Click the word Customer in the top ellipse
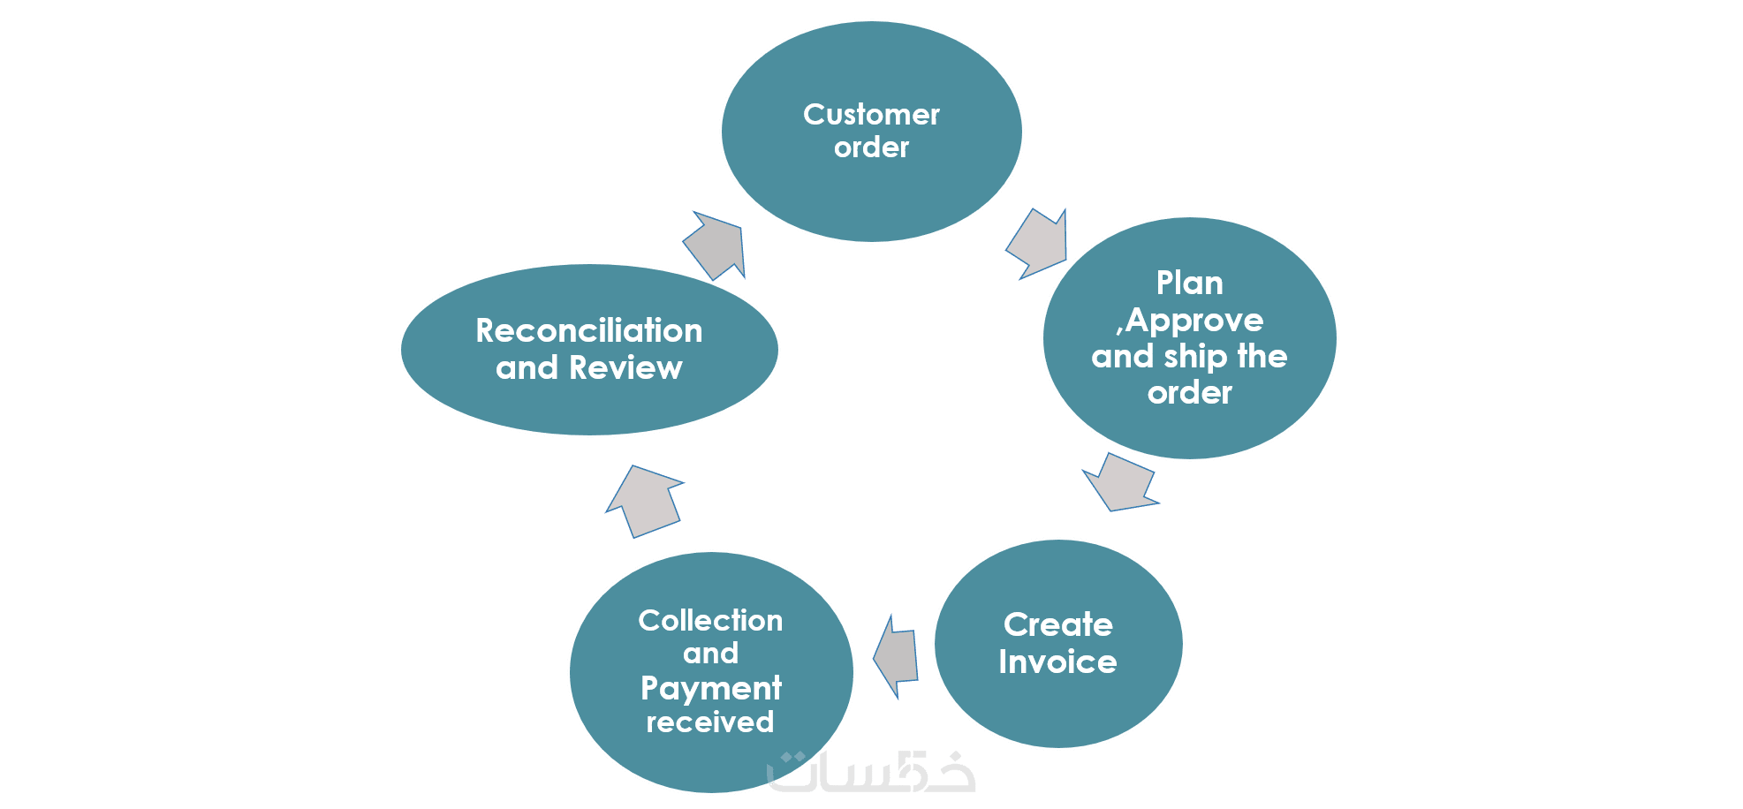[871, 115]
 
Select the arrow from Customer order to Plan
[1039, 244]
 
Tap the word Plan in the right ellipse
[1189, 284]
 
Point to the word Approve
[1194, 321]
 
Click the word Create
[1057, 625]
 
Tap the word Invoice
[1057, 662]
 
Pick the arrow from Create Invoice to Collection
[897, 656]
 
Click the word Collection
[710, 621]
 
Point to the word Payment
[710, 688]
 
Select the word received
[710, 722]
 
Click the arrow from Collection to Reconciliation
[644, 501]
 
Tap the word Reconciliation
[589, 331]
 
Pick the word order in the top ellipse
[871, 147]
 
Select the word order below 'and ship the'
[1189, 393]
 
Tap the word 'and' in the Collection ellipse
[710, 654]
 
